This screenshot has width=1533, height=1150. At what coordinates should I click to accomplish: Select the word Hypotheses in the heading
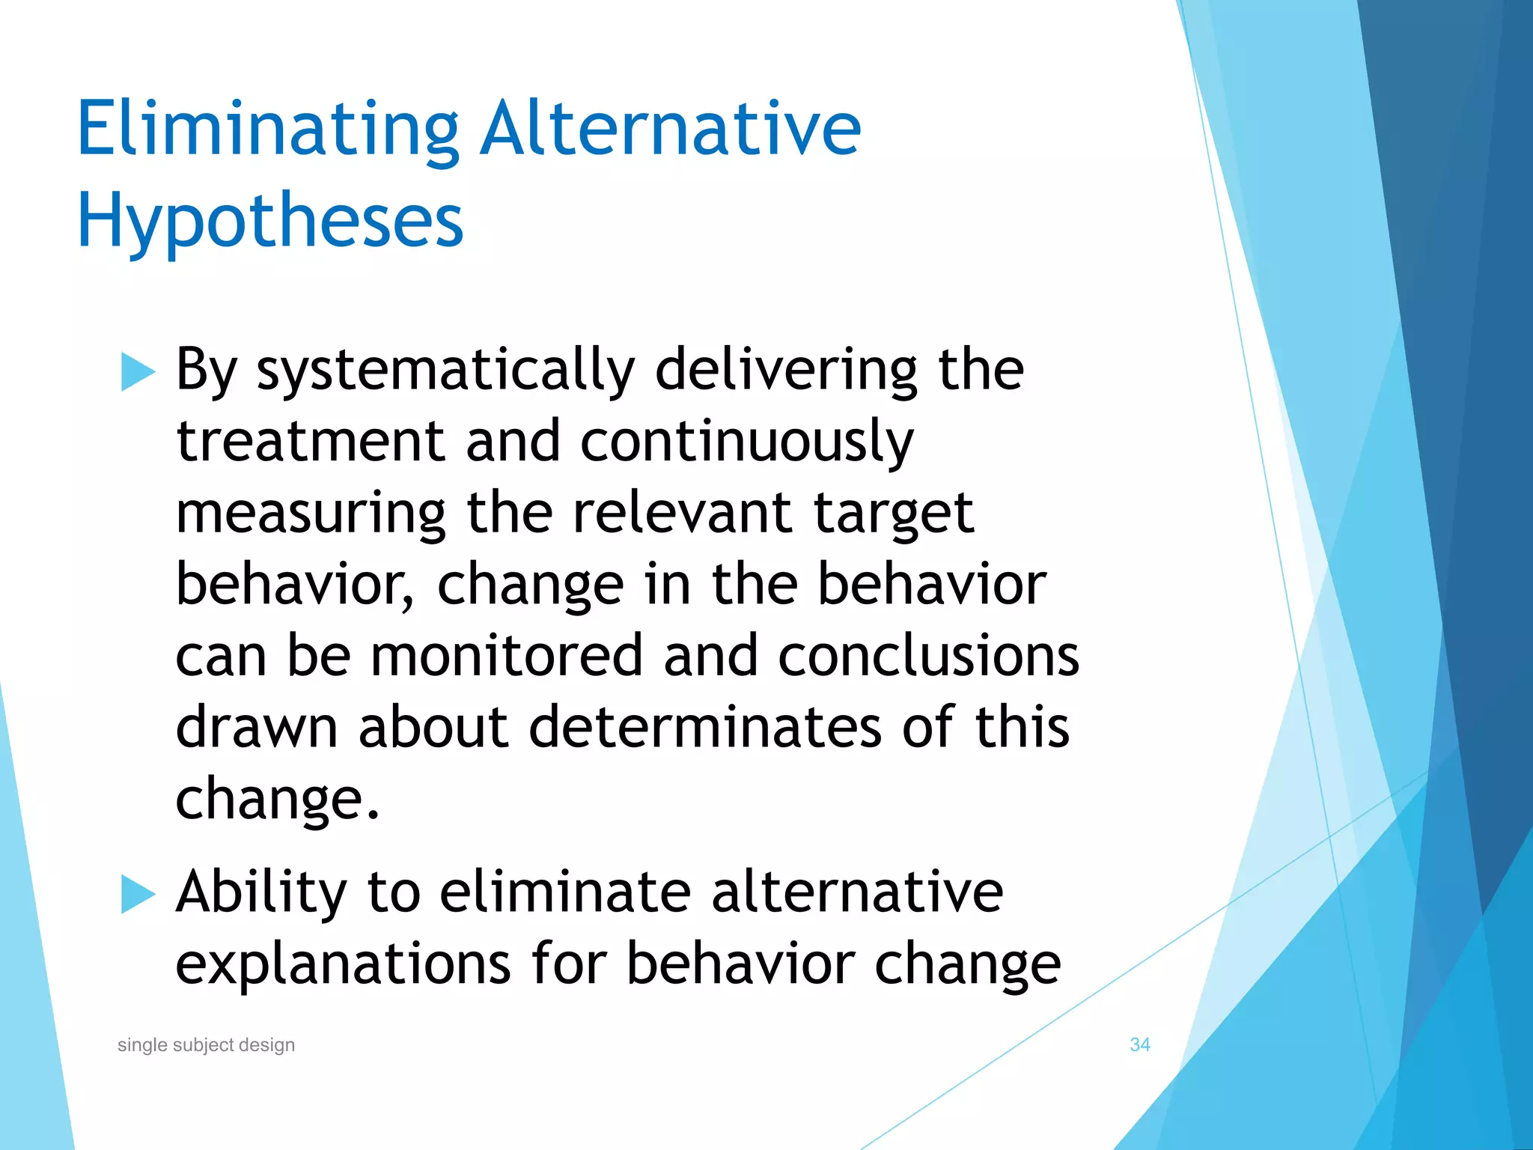click(270, 222)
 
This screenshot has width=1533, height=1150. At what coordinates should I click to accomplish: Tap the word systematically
click(445, 371)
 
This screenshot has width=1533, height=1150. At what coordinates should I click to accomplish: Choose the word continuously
click(746, 442)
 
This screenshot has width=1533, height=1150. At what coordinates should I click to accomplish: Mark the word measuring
click(311, 514)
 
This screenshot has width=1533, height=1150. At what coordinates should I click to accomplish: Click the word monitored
click(507, 655)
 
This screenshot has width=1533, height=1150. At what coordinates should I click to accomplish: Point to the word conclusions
click(928, 655)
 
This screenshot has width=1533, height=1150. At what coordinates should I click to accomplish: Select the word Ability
click(261, 893)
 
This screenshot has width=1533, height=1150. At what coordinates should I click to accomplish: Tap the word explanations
click(344, 965)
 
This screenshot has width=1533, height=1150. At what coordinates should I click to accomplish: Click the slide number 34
click(1139, 1044)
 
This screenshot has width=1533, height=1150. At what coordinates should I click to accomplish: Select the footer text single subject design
click(206, 1044)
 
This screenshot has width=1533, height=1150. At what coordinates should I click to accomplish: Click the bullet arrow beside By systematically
click(138, 372)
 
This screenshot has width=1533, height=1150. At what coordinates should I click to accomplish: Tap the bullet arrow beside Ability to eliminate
click(138, 894)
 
